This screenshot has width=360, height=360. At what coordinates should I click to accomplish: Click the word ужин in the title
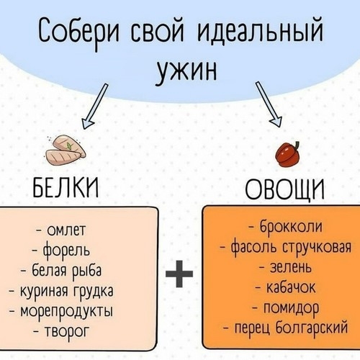click(187, 71)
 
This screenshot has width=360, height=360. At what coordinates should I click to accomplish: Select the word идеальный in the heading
click(260, 32)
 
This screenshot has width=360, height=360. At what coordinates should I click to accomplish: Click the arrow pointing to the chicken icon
click(95, 106)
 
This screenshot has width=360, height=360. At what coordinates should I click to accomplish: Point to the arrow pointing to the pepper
click(268, 104)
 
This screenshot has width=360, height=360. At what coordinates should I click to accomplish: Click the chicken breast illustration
click(66, 150)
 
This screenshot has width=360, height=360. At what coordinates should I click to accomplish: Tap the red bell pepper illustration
click(288, 154)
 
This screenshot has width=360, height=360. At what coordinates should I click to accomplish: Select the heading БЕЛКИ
click(66, 188)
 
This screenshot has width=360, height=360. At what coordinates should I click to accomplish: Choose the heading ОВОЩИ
click(284, 189)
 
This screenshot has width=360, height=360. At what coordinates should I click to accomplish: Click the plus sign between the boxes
click(179, 274)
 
